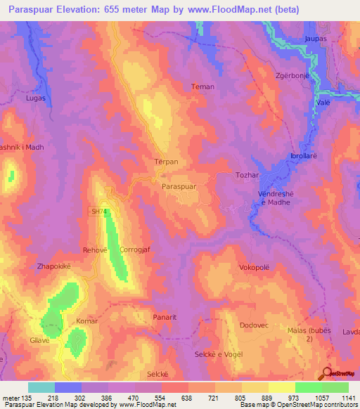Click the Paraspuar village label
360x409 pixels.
click(x=183, y=188)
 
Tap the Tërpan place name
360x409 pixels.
click(x=166, y=162)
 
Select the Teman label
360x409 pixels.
click(x=202, y=86)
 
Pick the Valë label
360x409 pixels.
click(x=324, y=102)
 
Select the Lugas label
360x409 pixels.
click(x=34, y=98)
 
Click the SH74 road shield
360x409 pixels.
click(x=98, y=212)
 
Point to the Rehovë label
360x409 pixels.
click(x=95, y=249)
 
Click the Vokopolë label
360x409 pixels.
click(x=254, y=268)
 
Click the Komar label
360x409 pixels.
click(x=86, y=320)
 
